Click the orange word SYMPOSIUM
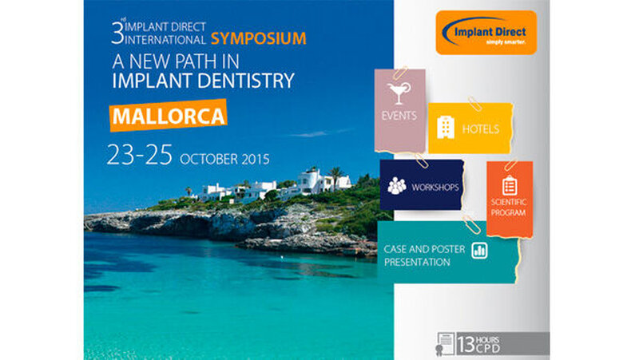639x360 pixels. pyautogui.click(x=258, y=38)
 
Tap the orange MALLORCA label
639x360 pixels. pyautogui.click(x=169, y=116)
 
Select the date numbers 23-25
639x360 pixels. pyautogui.click(x=139, y=155)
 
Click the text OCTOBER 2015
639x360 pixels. pyautogui.click(x=224, y=159)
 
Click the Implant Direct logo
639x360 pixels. pyautogui.click(x=486, y=33)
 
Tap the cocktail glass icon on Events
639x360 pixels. pyautogui.click(x=399, y=93)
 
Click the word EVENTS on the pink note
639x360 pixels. pyautogui.click(x=399, y=116)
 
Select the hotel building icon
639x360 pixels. pyautogui.click(x=446, y=128)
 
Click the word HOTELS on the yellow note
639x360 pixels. pyautogui.click(x=481, y=129)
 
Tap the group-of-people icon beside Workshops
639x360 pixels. pyautogui.click(x=396, y=186)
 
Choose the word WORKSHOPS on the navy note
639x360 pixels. pyautogui.click(x=435, y=188)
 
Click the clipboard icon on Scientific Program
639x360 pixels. pyautogui.click(x=510, y=186)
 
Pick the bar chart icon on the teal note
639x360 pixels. pyautogui.click(x=479, y=250)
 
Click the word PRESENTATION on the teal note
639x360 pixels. pyautogui.click(x=417, y=263)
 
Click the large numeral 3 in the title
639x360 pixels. pyautogui.click(x=117, y=34)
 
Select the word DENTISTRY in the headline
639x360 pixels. pyautogui.click(x=248, y=81)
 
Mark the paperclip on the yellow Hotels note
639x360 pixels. pyautogui.click(x=474, y=104)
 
